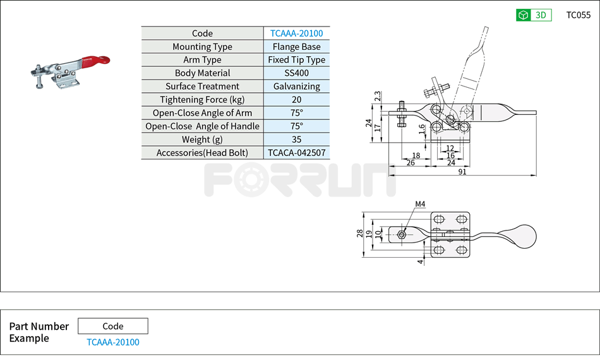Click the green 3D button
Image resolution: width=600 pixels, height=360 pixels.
[x=534, y=15]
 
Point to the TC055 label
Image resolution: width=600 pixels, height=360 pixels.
[x=578, y=15]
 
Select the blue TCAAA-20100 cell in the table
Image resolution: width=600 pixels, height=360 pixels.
[x=296, y=33]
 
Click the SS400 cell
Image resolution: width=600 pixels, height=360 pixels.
[x=296, y=73]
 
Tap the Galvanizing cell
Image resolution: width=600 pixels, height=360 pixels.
[x=296, y=87]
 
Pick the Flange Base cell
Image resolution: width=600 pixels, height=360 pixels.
[x=296, y=47]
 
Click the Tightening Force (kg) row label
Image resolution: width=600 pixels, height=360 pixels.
[x=202, y=100]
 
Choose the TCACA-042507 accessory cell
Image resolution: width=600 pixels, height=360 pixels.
[x=296, y=153]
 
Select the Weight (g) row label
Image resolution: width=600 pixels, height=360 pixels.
[x=202, y=140]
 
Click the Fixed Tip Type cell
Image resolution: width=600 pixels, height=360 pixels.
[x=296, y=60]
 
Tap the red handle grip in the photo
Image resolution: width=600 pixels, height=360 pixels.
[x=95, y=62]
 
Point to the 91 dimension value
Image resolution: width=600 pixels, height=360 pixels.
[x=462, y=172]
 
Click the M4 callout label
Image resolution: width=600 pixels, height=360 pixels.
[x=421, y=204]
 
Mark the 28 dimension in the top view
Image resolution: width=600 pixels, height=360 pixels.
[x=360, y=234]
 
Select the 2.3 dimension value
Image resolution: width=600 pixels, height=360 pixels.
[x=377, y=96]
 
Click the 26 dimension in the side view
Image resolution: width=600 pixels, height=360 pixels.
[x=411, y=163]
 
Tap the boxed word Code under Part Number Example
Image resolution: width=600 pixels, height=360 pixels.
[x=112, y=327]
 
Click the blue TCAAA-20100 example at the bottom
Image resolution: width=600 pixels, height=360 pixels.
[x=112, y=342]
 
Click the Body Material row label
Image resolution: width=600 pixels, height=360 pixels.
[x=202, y=73]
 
